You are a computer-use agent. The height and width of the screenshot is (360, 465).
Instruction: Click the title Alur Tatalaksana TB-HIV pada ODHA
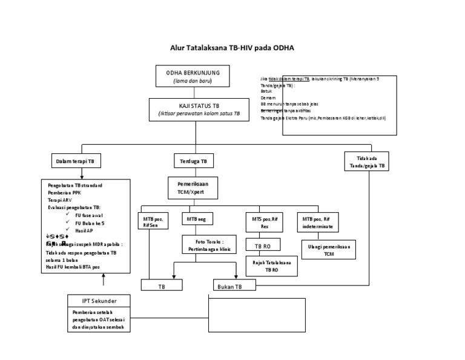point(232,47)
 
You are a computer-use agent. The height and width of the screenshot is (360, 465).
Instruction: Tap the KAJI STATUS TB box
point(199,109)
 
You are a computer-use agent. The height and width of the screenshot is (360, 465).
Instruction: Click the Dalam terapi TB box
point(76,162)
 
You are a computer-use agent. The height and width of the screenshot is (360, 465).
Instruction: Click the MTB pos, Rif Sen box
point(157,222)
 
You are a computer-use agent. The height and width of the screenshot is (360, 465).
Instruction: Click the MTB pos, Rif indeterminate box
point(316,222)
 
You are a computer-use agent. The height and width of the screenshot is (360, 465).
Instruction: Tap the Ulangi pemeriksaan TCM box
point(329,250)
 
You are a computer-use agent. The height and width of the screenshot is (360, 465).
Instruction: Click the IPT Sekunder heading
point(100,301)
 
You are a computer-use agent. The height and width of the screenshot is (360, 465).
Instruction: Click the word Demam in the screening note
point(268,98)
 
